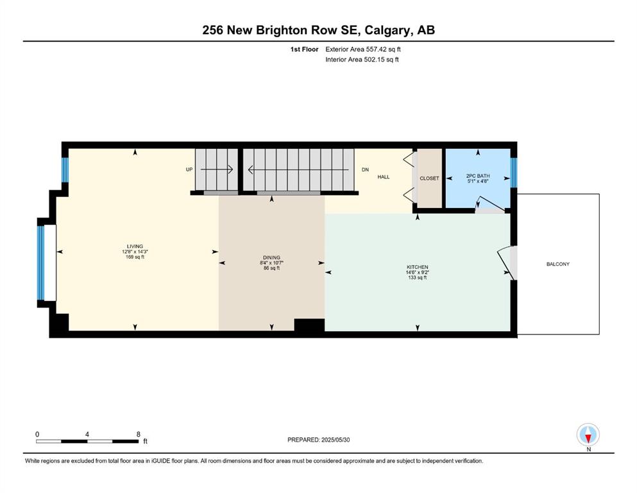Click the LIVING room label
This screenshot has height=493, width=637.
point(135,246)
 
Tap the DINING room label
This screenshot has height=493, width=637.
point(271,257)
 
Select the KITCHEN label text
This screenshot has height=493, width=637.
point(417,267)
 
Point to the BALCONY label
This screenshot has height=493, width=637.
point(558,264)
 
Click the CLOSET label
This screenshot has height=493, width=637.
point(429,178)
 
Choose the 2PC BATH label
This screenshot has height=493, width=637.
point(478,176)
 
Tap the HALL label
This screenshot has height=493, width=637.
point(384,177)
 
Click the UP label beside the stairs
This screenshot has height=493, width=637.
point(189,169)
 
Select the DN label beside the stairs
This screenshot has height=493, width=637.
point(365,169)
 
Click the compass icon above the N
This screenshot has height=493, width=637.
point(588,435)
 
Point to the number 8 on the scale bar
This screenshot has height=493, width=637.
point(139,434)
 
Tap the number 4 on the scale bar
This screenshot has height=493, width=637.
point(87,434)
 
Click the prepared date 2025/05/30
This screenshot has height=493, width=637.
point(335,440)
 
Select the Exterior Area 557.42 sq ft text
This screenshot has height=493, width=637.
point(363,49)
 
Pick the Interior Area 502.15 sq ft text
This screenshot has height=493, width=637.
point(362,59)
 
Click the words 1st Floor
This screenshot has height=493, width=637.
point(304,49)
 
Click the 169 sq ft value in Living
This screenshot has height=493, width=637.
point(135,257)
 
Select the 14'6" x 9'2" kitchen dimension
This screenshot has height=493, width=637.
point(417,272)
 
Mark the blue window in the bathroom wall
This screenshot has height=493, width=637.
point(514,172)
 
